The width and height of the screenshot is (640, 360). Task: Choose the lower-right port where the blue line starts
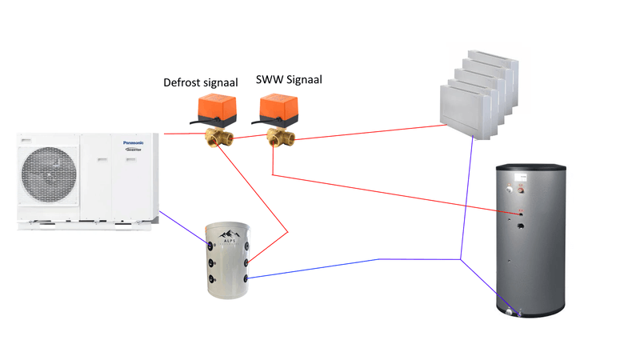point(247,277)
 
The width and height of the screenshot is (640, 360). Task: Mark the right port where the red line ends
point(248,261)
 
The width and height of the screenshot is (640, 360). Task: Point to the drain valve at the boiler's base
point(512,312)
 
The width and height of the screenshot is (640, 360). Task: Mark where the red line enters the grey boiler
point(520,212)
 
